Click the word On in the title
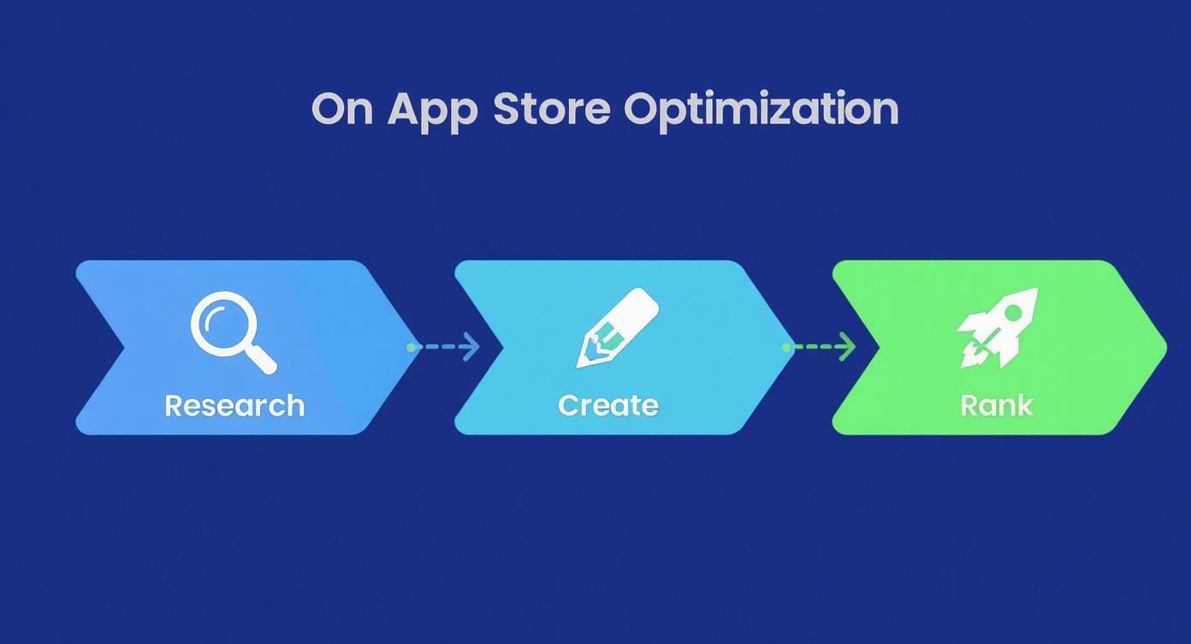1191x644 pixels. point(342,110)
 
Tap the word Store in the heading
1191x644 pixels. point(552,110)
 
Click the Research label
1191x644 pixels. point(234,405)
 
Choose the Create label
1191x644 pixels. point(608,405)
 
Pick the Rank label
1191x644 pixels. point(997,405)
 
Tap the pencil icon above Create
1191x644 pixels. point(617,327)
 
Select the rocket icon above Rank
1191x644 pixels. point(998,327)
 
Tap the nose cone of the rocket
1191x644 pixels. point(1030,295)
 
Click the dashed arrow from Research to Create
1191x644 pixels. point(444,347)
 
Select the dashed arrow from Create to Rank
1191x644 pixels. point(820,347)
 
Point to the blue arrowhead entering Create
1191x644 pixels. point(471,347)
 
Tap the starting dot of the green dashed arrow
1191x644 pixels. point(786,348)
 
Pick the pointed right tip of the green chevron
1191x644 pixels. point(1164,348)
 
